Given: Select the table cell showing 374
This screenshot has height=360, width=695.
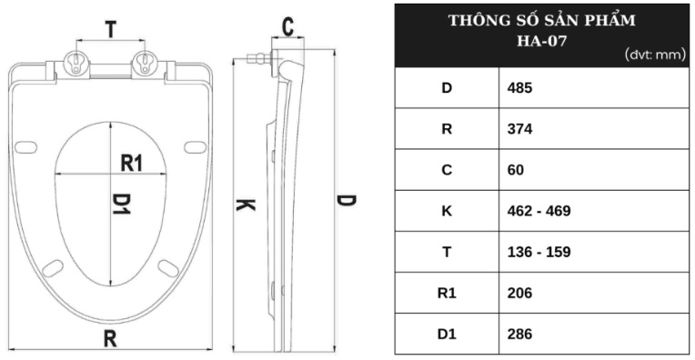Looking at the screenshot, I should tap(519, 129).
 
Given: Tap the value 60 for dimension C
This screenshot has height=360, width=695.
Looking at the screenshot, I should tap(515, 170).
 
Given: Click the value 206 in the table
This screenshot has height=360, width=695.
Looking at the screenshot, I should tap(519, 293).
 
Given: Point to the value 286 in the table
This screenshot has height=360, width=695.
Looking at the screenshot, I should tap(519, 334).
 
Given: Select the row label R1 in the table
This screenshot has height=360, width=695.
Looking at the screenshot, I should tap(447, 293).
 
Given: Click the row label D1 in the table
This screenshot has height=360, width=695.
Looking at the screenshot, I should tap(447, 334).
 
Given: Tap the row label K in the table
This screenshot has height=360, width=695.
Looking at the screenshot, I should tap(447, 211).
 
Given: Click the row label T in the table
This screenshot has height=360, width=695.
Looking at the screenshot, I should tap(447, 252).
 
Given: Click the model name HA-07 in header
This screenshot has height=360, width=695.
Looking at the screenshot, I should tap(541, 37).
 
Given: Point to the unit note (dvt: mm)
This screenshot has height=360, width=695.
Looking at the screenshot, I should tap(654, 55).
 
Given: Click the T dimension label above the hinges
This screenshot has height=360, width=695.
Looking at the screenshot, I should tap(110, 30).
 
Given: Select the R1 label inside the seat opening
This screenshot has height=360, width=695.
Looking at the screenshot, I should tap(133, 163).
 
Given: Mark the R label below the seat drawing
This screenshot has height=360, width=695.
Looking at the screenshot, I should tap(110, 338).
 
